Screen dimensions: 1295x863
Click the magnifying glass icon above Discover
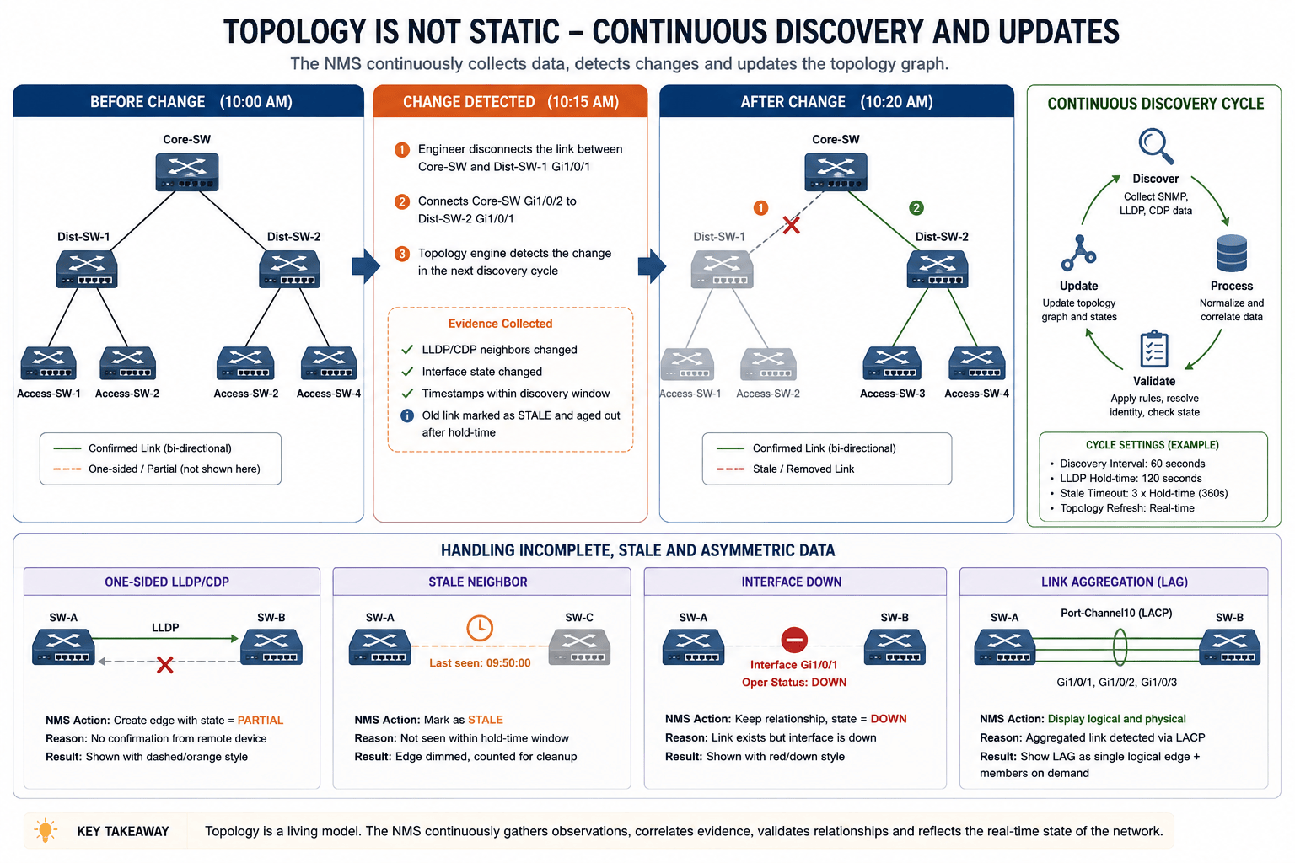point(1155,147)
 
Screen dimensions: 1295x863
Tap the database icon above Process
point(1232,253)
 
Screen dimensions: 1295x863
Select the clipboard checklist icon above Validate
point(1154,349)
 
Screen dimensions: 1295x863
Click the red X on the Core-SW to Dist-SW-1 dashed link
point(792,225)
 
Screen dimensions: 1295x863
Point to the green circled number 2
point(916,208)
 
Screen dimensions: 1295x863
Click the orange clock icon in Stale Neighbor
point(479,628)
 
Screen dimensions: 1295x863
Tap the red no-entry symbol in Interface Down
point(793,640)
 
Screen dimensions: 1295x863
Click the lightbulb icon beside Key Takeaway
point(46,830)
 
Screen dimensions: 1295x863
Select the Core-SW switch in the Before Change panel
point(186,172)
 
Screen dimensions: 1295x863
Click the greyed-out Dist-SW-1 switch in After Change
point(722,270)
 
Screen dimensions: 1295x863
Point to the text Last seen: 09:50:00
point(480,663)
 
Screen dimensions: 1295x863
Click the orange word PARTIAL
point(261,721)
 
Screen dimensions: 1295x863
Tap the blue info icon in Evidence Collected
point(407,415)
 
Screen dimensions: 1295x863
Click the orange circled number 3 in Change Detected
point(402,254)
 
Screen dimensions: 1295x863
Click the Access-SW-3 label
point(892,394)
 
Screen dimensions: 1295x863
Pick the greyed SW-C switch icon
point(579,646)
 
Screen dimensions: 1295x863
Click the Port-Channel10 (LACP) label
point(1116,614)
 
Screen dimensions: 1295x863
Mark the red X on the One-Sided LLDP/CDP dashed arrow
point(164,665)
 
